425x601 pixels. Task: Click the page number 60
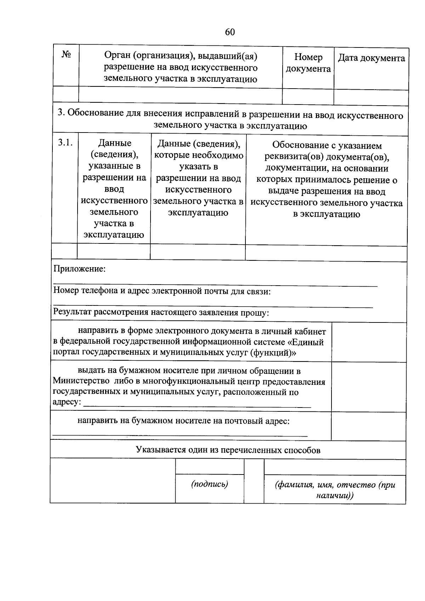(229, 32)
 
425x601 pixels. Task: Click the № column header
(66, 55)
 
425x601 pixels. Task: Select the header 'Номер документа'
(308, 63)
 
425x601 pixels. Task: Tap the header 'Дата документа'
(371, 58)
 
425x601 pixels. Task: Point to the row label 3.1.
(65, 143)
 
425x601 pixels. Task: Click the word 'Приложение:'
(79, 269)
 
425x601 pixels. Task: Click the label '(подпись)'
(209, 484)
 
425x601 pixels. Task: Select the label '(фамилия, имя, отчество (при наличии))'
(335, 490)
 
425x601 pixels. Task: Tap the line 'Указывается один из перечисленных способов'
(228, 450)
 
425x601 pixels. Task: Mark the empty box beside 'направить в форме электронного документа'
(368, 342)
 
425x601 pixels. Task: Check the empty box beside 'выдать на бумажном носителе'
(368, 387)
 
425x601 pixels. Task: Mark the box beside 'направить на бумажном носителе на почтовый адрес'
(368, 426)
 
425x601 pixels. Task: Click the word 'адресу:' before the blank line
(67, 403)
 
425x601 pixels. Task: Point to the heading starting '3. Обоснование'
(230, 120)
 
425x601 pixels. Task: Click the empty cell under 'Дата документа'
(371, 97)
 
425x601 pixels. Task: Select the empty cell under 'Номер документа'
(308, 96)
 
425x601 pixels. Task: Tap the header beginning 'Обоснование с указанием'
(326, 180)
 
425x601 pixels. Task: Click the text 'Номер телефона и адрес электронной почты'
(162, 291)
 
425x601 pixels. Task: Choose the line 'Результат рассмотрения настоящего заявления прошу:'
(161, 313)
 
